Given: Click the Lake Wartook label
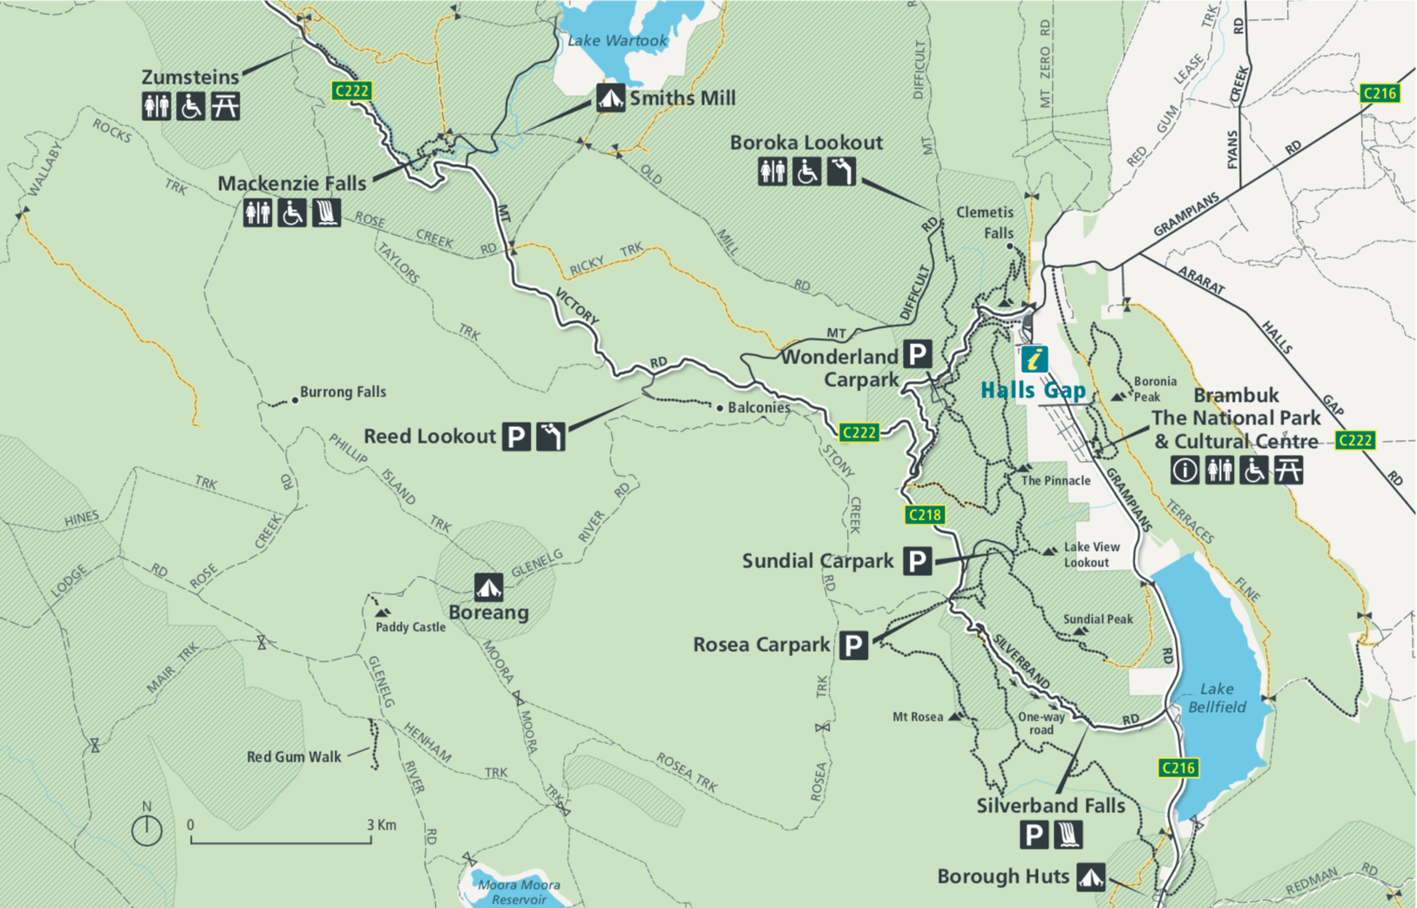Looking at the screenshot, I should pos(617,40).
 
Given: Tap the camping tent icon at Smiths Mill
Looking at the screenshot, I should pos(610,98).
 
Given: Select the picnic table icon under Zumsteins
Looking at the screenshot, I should pos(225,106).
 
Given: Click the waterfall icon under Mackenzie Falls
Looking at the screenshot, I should pos(326,212).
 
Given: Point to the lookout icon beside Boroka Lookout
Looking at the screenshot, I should pos(841,172).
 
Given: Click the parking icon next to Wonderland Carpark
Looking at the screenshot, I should pos(917,355).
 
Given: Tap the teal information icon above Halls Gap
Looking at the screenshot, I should pos(1034,358).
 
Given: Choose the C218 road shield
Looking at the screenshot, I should pos(924,514).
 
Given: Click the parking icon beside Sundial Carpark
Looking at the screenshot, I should pos(917,561).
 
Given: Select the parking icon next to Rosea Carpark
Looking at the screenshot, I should pos(854,646).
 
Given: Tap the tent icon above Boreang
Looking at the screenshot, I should pos(488,586).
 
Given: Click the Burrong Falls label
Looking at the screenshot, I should pos(342,392).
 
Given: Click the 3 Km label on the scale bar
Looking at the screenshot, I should pos(382,824).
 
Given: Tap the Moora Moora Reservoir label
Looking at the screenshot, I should pos(519,891).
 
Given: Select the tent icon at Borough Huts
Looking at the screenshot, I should pos(1090,877).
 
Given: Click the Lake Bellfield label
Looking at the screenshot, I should pos(1217,698).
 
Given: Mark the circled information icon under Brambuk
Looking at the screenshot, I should pos(1184,471).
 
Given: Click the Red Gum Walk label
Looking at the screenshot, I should pos(294,756).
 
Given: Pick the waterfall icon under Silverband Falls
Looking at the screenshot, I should pos(1068,835).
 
